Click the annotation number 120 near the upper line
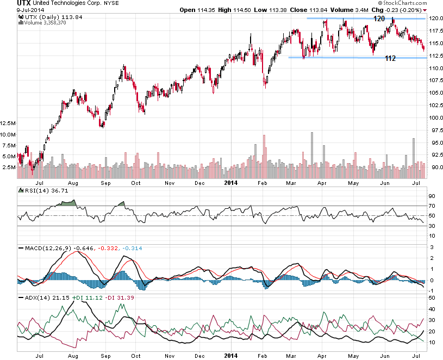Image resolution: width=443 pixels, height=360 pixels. pos(379,18)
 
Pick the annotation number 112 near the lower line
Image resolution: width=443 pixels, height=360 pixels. pos(390,58)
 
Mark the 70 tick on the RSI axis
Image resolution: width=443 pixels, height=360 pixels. pos(432,206)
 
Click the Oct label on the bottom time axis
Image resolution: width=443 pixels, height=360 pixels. pos(135,355)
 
